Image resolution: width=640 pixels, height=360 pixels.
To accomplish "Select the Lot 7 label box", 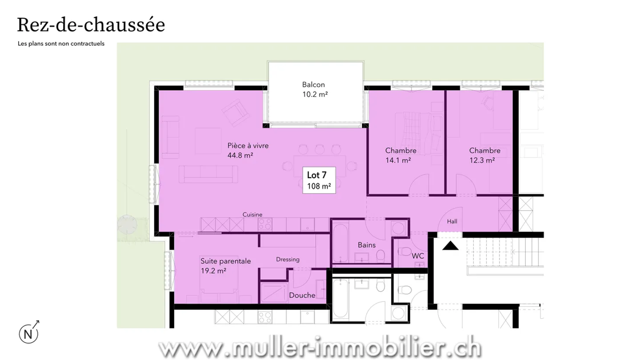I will point(319,180).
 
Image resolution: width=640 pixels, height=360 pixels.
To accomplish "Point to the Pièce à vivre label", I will point(248,145).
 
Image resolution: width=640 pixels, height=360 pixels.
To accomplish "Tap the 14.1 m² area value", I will point(398,160).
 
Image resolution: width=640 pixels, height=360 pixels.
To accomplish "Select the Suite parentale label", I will point(225,261).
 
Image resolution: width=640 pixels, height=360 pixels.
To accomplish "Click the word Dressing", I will point(288,260).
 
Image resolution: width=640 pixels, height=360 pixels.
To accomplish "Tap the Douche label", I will point(302,295).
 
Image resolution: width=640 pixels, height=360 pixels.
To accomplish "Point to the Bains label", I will point(367,245).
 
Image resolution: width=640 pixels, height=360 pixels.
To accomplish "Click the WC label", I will point(417,256).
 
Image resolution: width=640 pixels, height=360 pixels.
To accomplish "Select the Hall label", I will point(452,222).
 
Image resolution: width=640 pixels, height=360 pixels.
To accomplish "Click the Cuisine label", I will point(252,214).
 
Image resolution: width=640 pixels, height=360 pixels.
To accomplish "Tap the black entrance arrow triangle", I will point(451,245).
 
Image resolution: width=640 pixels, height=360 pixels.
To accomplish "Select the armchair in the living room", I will point(235,112).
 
